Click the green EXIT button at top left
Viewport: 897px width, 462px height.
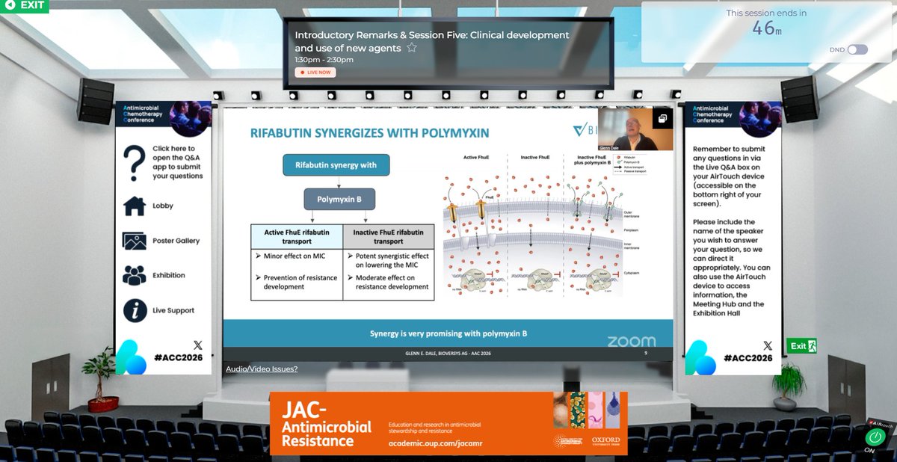click(24, 6)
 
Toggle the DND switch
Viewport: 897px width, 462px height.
click(857, 49)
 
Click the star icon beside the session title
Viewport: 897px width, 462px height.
click(411, 49)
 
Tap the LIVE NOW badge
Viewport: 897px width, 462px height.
click(315, 73)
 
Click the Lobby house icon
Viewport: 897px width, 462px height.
click(134, 206)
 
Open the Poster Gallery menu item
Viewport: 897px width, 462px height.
click(176, 241)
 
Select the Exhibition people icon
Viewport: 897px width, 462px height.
click(134, 275)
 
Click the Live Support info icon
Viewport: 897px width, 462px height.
click(134, 310)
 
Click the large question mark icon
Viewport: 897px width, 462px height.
click(134, 161)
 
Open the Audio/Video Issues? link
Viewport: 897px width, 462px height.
click(262, 369)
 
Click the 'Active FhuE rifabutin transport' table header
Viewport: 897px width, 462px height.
click(296, 237)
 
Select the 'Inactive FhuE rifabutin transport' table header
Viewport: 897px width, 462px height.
click(388, 237)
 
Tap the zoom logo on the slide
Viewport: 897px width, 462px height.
click(631, 341)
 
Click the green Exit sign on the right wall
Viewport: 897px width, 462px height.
click(801, 346)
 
